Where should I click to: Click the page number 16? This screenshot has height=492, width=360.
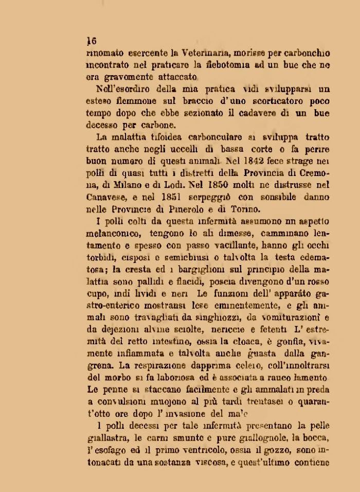(x=93, y=41)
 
